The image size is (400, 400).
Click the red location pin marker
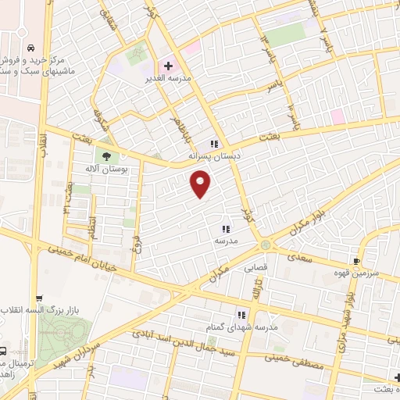pyautogui.click(x=201, y=184)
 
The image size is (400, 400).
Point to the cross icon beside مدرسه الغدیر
pyautogui.click(x=167, y=66)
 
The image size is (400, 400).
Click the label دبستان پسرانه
pyautogui.click(x=213, y=156)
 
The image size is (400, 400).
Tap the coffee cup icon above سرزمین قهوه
pyautogui.click(x=357, y=261)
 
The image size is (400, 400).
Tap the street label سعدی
pyautogui.click(x=301, y=257)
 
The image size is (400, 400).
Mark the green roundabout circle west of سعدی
pyautogui.click(x=266, y=245)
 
